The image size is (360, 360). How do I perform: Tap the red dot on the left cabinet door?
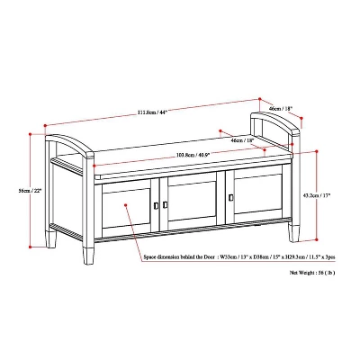[x=101, y=202]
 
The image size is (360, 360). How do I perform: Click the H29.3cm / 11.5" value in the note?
[x=296, y=256]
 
